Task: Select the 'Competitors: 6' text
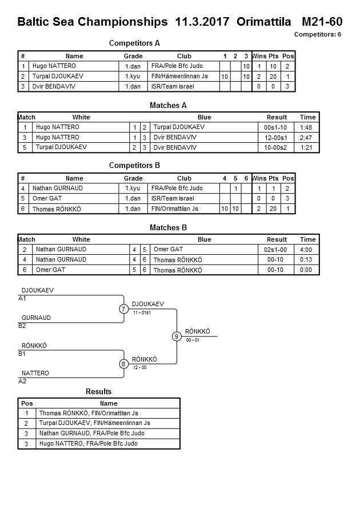click(318, 35)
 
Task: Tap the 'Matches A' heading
click(168, 105)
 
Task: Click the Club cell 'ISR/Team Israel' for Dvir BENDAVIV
click(173, 86)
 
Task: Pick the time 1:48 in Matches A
click(307, 127)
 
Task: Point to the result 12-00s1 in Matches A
click(277, 137)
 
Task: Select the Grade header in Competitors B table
click(133, 178)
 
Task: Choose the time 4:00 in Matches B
click(307, 250)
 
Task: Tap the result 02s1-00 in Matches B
click(277, 250)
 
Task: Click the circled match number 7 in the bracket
click(123, 309)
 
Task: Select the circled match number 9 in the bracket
click(177, 336)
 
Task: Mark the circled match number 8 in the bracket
click(123, 364)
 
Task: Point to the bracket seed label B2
click(22, 326)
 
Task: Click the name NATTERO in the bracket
click(35, 373)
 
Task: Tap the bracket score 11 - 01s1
click(142, 313)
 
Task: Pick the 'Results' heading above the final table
click(98, 391)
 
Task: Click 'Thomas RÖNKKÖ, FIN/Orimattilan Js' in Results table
click(88, 413)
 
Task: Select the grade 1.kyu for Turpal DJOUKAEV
click(133, 77)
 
